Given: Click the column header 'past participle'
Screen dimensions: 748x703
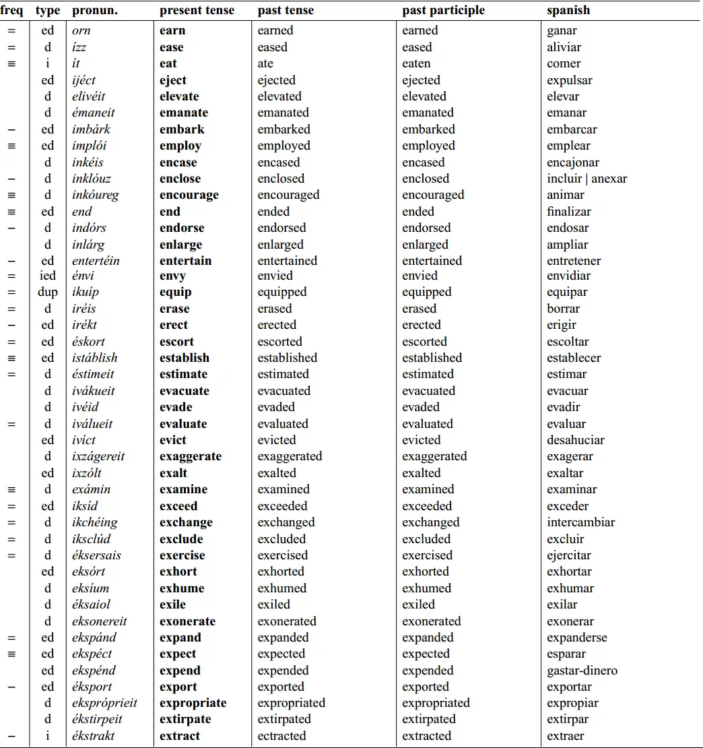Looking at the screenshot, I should [443, 11].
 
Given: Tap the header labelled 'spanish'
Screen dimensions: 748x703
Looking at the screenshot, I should [568, 11].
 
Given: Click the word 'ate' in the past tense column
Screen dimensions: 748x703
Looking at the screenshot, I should [265, 63].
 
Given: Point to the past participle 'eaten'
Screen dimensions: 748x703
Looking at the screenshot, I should [416, 63].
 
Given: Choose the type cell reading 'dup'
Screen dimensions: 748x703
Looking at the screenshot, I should [48, 292].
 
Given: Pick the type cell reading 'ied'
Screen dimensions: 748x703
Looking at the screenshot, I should [48, 276].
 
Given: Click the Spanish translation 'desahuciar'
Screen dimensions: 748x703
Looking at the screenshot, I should [576, 440].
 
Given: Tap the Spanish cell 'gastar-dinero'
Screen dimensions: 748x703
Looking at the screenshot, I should [582, 671].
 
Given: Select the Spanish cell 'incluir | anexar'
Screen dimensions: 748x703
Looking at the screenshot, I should [587, 179].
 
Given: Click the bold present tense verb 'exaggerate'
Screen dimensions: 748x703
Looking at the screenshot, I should [191, 456].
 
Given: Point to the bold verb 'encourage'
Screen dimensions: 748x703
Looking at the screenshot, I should [189, 195].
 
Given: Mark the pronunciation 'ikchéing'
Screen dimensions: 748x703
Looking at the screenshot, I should [95, 522].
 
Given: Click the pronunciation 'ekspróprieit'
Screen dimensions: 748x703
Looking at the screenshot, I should [104, 703].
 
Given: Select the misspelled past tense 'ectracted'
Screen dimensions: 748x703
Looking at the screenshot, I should [281, 736].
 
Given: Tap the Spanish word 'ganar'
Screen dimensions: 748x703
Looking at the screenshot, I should [562, 30].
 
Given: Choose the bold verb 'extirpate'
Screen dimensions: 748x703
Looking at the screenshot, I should [185, 719].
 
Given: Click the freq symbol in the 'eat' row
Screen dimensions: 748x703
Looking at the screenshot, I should [11, 63].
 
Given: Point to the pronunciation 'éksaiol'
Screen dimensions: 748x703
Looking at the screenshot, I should [91, 604].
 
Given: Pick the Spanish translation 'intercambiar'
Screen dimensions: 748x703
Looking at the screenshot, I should [580, 522].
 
